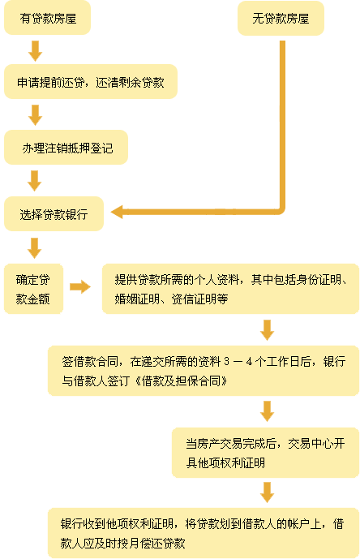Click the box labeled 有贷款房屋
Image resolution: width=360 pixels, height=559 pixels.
47,18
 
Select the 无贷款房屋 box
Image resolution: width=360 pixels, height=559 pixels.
281,18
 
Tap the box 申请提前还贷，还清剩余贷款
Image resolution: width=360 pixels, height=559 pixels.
91,82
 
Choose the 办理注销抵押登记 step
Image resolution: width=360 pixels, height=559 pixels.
66,147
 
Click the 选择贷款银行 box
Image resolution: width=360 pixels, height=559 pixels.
54,214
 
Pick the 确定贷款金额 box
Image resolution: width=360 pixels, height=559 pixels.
33,289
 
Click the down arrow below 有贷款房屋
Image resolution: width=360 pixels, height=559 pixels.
36,50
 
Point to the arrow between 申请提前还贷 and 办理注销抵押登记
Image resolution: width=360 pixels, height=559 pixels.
36,114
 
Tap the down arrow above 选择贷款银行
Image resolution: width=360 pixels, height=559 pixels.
35,181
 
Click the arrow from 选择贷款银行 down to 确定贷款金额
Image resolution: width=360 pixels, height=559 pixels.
35,248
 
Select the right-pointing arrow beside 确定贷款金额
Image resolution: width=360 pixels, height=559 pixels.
80,286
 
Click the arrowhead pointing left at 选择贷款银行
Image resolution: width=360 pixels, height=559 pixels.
117,212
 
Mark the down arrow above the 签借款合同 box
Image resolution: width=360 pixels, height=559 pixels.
267,330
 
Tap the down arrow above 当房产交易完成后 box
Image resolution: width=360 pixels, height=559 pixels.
267,411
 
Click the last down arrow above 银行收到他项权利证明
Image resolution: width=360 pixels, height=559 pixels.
267,492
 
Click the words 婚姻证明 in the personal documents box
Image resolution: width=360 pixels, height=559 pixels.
137,299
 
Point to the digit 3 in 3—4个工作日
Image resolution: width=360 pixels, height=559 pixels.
227,362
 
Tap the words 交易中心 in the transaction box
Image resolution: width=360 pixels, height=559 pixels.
310,444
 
